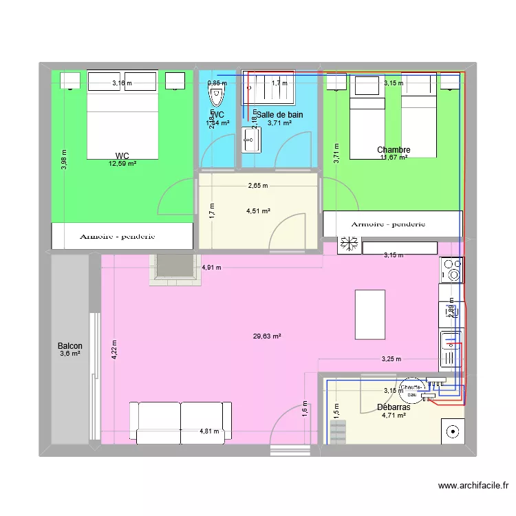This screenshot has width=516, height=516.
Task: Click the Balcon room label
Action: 70,346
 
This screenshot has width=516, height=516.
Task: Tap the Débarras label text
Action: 394,407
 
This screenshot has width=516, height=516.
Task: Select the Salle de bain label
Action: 279,115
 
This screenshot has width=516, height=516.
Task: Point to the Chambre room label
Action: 394,150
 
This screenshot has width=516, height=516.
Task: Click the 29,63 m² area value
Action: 267,336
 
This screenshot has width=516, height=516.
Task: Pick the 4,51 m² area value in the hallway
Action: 259,211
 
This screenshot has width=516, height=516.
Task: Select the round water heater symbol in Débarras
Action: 411,390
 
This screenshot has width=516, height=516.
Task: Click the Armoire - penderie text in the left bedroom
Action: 117,236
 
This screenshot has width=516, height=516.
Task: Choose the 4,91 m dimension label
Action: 211,268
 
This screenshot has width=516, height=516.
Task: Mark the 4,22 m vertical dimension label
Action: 115,352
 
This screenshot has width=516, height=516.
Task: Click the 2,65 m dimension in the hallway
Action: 259,186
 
